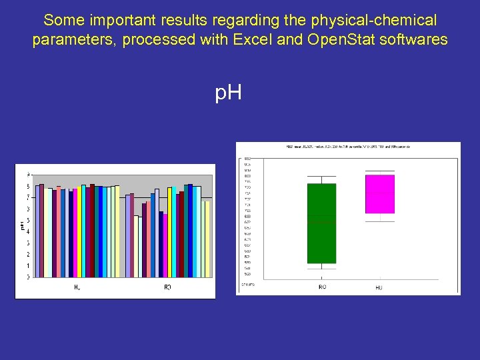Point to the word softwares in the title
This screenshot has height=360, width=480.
click(x=413, y=39)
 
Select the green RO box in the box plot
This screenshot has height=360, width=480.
click(x=321, y=223)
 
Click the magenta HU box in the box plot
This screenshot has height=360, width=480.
click(x=379, y=193)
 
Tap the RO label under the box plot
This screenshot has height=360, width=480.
click(x=321, y=287)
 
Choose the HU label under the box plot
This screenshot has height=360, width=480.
click(x=379, y=287)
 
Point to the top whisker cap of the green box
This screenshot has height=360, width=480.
click(x=321, y=177)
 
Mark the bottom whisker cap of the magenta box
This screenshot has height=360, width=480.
click(x=379, y=221)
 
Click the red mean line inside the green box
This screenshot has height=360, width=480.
click(x=321, y=218)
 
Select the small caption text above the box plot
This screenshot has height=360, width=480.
click(x=347, y=147)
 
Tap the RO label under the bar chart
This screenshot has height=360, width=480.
click(x=167, y=287)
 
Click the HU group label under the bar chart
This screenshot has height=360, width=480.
click(x=77, y=287)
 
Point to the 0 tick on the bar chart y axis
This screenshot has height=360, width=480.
click(x=27, y=276)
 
